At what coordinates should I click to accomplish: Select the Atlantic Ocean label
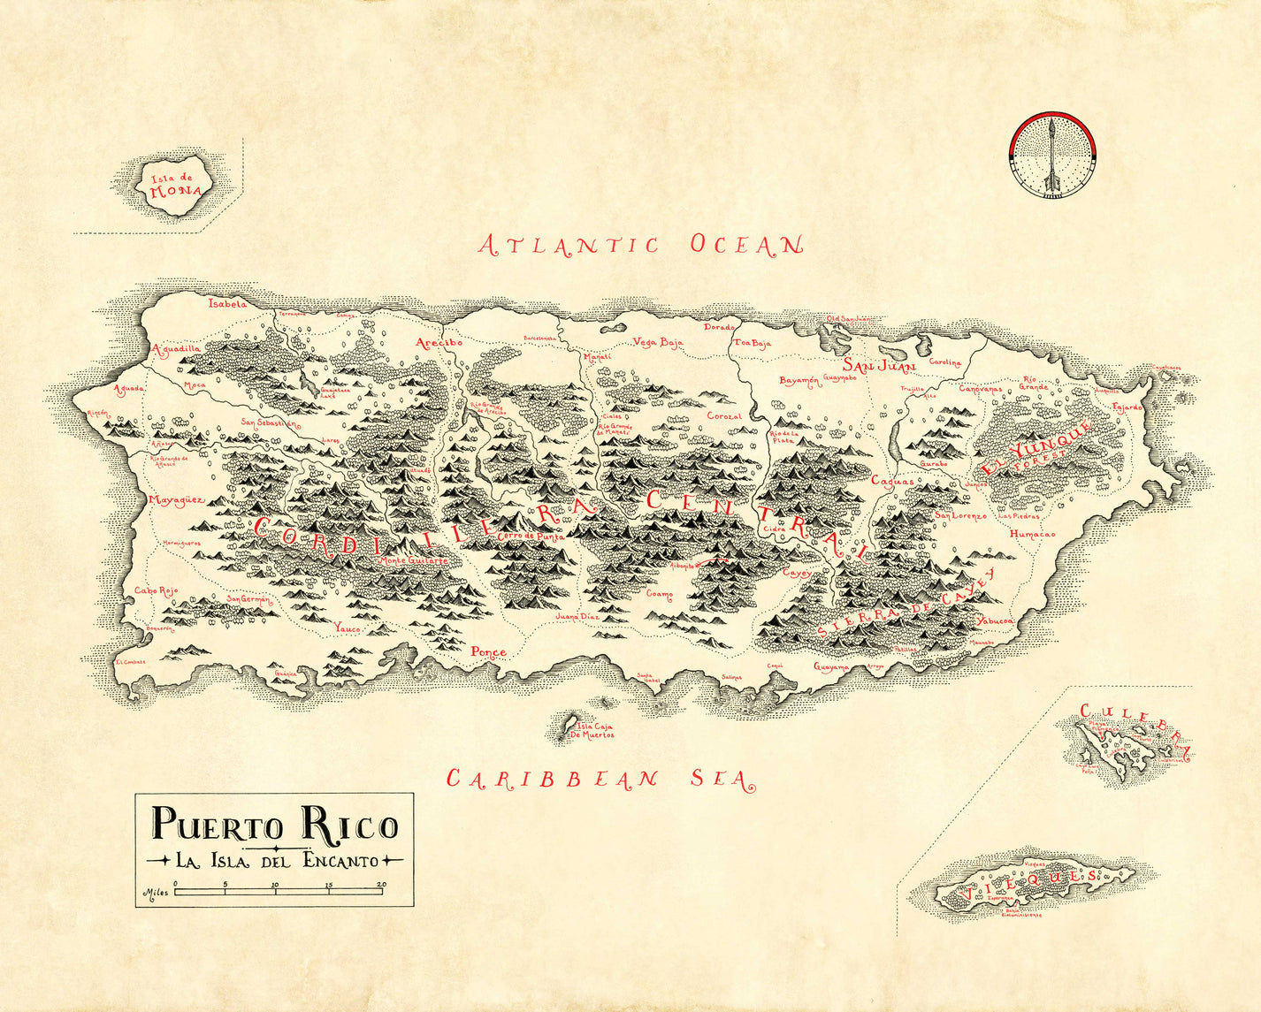pos(641,245)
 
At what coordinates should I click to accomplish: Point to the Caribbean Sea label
pos(600,779)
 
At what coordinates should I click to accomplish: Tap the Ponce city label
pos(488,652)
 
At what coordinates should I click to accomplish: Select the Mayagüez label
pos(176,500)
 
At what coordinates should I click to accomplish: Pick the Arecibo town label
pos(439,342)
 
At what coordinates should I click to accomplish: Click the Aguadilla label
pos(177,349)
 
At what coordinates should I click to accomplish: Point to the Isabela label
pos(227,303)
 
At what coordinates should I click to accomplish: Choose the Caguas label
pos(892,482)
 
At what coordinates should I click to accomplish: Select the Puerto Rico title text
pos(275,824)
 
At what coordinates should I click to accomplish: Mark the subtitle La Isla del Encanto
pos(275,860)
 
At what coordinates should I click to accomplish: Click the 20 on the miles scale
pos(382,884)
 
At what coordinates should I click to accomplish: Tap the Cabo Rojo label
pos(156,590)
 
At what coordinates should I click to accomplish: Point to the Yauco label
pos(348,628)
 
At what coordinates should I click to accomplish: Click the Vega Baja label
pos(658,343)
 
